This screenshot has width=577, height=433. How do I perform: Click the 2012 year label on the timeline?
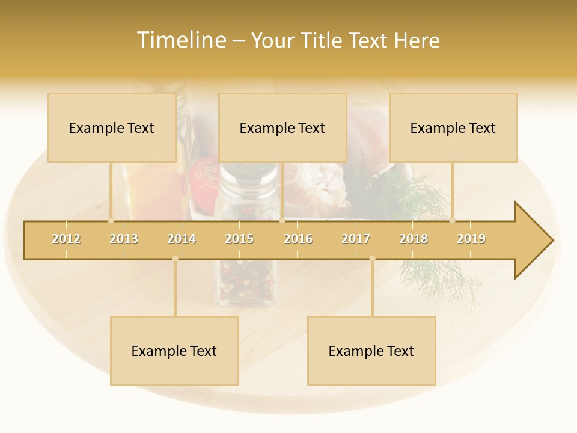point(66,239)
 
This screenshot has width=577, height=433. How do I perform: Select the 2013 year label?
point(124,239)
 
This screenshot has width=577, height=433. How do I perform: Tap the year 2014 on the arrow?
point(182,239)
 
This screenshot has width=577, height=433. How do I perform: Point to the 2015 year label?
point(239,239)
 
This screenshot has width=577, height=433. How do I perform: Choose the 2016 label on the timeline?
point(298,239)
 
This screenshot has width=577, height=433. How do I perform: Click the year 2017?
point(356,239)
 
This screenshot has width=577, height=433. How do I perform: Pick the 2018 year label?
point(414,239)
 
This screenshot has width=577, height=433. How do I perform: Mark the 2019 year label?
point(471,239)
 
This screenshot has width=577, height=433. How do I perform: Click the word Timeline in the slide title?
point(181,40)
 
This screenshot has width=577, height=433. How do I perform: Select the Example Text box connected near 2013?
point(112,127)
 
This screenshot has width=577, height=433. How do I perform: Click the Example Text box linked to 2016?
point(282,127)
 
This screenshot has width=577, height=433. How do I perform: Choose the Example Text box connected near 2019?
point(453,127)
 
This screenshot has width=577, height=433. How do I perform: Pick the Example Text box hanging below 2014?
point(174,351)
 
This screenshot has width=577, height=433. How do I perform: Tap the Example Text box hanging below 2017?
point(371,351)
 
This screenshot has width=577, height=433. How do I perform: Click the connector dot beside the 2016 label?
point(282,221)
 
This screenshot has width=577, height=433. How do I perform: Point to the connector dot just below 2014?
point(175,259)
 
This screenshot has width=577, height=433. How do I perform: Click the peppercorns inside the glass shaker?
point(246,280)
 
